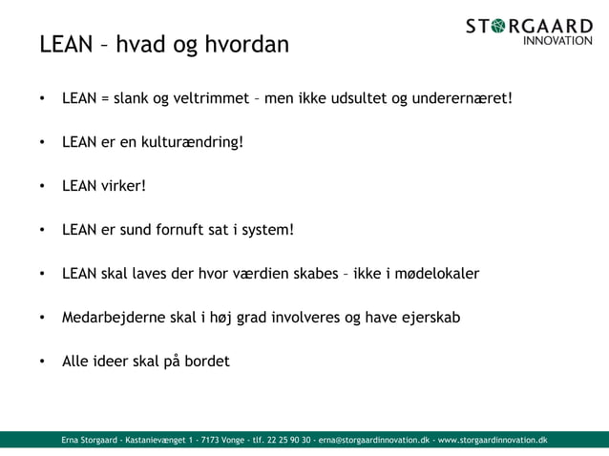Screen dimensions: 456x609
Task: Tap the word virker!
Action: coord(123,186)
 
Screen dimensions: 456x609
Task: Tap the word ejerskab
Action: coord(429,318)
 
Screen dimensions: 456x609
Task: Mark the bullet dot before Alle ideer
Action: coord(42,363)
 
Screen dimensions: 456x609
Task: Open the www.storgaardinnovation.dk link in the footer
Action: coord(493,440)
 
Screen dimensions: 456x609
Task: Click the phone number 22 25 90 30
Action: coord(286,440)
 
